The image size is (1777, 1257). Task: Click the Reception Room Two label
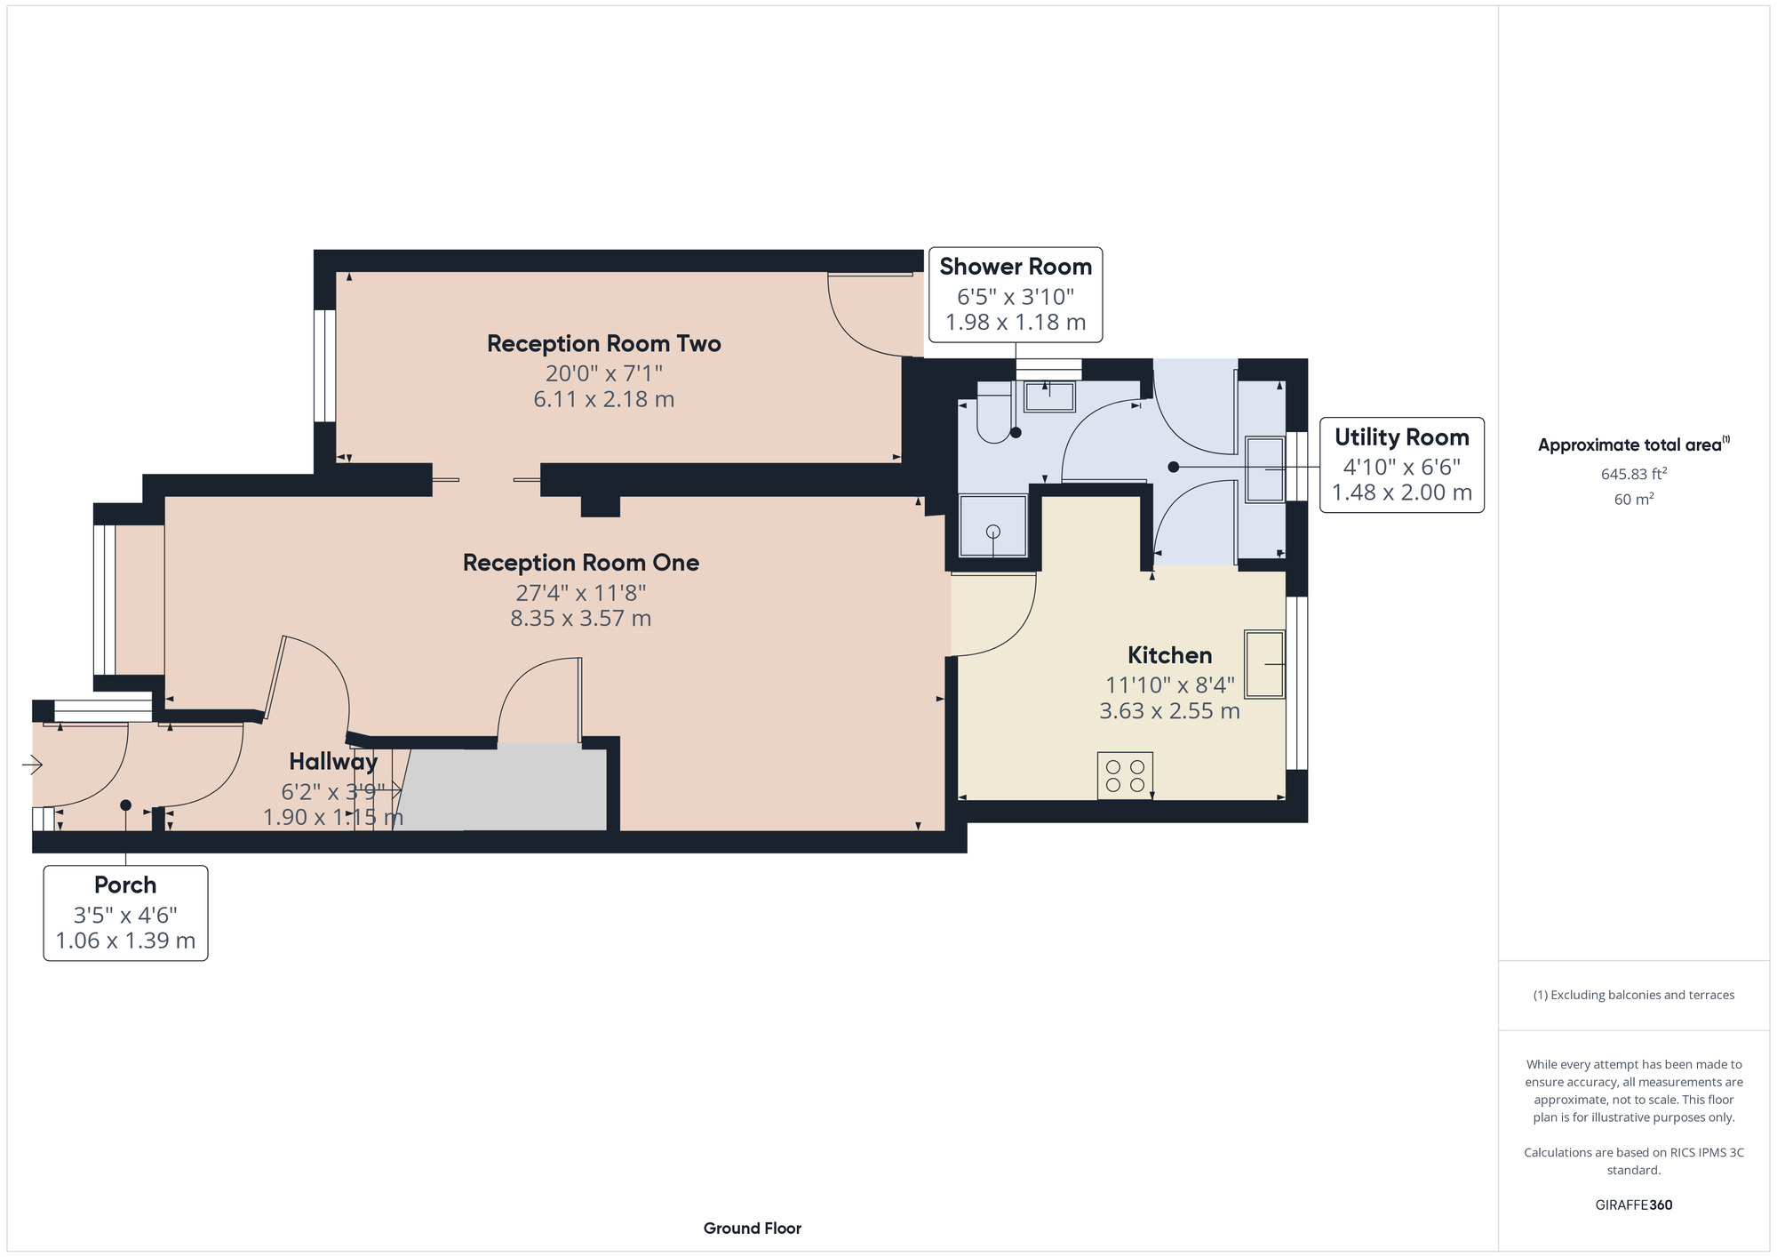tap(604, 344)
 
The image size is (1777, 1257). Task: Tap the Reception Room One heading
tap(581, 563)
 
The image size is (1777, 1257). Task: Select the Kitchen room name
tap(1169, 656)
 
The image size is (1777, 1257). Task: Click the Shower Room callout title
tap(1016, 267)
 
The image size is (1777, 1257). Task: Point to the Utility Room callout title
tap(1401, 437)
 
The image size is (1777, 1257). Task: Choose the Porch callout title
tap(125, 885)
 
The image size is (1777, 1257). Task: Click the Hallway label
tap(333, 762)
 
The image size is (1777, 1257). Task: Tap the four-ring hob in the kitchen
tap(1125, 775)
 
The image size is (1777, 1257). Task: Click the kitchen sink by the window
tap(1264, 664)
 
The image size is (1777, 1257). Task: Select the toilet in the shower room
tap(994, 412)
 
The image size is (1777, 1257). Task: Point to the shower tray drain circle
tap(993, 532)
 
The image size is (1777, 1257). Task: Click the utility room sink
tap(1265, 468)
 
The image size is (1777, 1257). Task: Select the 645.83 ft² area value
tap(1633, 474)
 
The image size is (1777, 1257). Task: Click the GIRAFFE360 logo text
tap(1633, 1205)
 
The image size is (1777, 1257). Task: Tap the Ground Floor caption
tap(753, 1229)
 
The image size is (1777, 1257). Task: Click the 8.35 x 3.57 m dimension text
tap(581, 619)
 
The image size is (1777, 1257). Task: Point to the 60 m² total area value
tap(1633, 500)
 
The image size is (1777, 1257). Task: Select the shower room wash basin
tap(1049, 396)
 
